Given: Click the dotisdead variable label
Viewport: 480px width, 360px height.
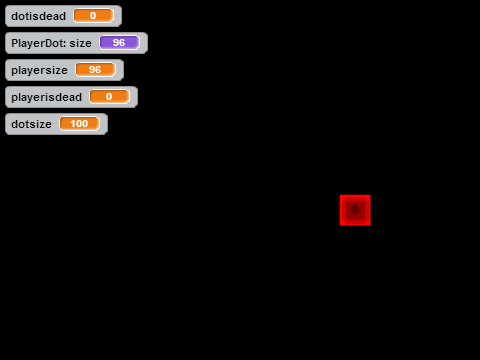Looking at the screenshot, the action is [38, 16].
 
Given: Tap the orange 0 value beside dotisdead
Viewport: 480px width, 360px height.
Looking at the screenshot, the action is [93, 16].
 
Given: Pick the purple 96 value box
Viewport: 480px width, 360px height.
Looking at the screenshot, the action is [119, 43].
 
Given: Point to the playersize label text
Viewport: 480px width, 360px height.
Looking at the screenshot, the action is [39, 70].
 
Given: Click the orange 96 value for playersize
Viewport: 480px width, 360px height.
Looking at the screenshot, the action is [95, 70].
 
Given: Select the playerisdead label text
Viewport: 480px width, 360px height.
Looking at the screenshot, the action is [46, 97].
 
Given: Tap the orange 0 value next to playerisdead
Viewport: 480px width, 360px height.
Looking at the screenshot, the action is [109, 97].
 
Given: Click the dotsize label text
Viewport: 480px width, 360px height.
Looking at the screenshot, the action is [31, 124].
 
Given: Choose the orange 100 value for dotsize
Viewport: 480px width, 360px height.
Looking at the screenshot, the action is [79, 124].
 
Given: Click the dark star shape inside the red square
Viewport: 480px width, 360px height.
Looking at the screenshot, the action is [355, 210].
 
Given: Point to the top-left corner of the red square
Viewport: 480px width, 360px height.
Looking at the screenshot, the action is [340, 195].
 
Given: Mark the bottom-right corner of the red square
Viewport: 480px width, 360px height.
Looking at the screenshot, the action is [370, 225].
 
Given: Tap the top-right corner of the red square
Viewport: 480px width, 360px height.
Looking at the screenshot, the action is [370, 195].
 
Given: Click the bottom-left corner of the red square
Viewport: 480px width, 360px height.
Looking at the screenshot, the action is [340, 225].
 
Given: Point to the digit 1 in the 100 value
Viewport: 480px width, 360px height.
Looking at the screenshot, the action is [73, 124].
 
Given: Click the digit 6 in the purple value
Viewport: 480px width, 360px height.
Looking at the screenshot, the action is [122, 43].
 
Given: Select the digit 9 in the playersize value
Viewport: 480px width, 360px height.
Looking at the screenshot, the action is [92, 70].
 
